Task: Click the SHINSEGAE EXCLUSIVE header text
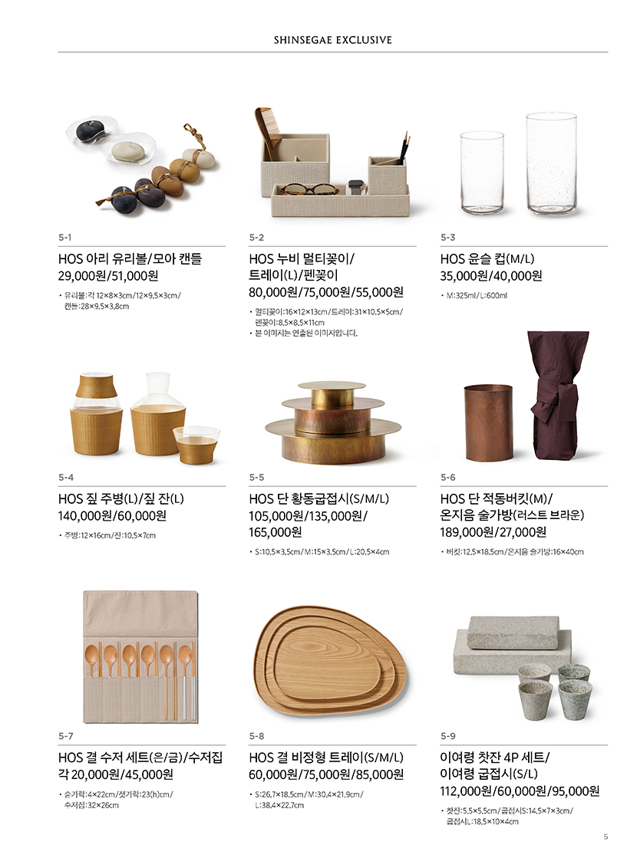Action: coord(332,40)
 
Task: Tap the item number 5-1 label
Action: coord(64,238)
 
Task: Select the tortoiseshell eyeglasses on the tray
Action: coord(309,189)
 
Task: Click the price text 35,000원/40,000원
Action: coord(490,276)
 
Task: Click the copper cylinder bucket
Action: coord(488,423)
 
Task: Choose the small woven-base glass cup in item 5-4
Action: coord(196,445)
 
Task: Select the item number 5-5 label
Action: coord(256,477)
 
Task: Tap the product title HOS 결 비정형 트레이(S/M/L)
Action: coord(325,758)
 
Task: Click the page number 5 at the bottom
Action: coord(606,837)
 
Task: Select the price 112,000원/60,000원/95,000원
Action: coord(520,791)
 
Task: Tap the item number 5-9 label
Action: coord(448,736)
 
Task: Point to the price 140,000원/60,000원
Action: coord(113,516)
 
